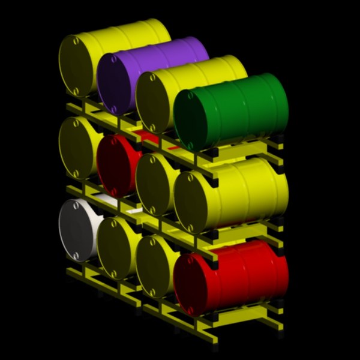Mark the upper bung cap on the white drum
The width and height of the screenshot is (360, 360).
(76, 205)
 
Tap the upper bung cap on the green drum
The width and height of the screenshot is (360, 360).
(191, 94)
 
